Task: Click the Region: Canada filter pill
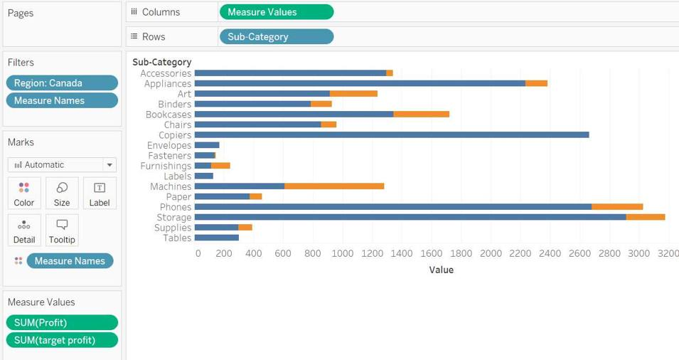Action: coord(62,83)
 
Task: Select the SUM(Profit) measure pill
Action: coord(62,322)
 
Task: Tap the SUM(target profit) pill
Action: coord(62,340)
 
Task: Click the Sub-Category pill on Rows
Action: coord(276,36)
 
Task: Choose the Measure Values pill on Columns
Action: coord(276,12)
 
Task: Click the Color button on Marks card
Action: coord(23,193)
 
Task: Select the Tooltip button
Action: coord(62,231)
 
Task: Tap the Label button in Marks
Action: coord(100,193)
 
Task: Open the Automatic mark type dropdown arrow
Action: coord(109,165)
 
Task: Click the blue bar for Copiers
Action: coord(391,135)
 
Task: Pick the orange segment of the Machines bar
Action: coord(334,186)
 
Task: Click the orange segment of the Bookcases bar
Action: coord(421,115)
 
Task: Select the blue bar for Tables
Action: coord(216,238)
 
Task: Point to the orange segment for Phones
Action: coord(617,207)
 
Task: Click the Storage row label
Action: coord(174,218)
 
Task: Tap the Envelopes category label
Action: coord(169,145)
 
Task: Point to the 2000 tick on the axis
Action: coord(491,253)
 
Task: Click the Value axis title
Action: coord(441,270)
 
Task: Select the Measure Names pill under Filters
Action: coord(62,100)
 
